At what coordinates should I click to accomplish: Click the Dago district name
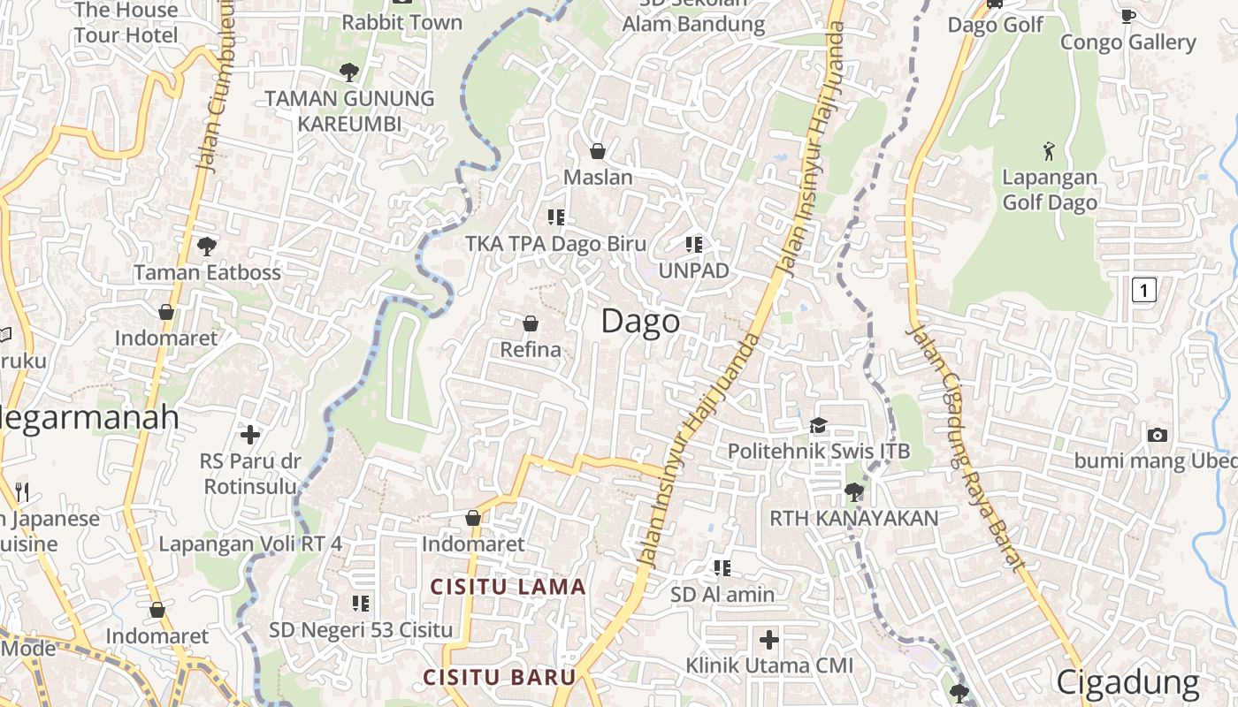coord(640,321)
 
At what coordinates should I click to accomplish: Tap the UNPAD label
coord(693,270)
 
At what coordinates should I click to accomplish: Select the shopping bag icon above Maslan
coord(598,151)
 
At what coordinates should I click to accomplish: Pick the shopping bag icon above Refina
coord(531,323)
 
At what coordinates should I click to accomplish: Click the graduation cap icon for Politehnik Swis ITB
coord(818,426)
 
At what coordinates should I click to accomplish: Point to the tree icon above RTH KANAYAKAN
coord(853,491)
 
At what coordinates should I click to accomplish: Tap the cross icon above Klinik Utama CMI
coord(769,638)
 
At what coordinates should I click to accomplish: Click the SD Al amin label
coord(722,595)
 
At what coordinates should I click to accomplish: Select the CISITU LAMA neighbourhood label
coord(508,587)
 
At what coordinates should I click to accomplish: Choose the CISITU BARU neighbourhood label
coord(500,678)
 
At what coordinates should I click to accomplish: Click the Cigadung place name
coord(1127,682)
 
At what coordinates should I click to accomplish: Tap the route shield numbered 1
coord(1143,289)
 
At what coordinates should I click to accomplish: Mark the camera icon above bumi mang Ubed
coord(1157,435)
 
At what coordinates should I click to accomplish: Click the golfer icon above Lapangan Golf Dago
coord(1049,151)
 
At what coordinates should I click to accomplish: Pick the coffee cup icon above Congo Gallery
coord(1127,16)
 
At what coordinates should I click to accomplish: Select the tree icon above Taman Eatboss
coord(207,246)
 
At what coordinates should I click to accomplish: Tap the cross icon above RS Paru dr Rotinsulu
coord(250,434)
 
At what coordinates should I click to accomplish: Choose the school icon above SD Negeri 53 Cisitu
coord(360,604)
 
